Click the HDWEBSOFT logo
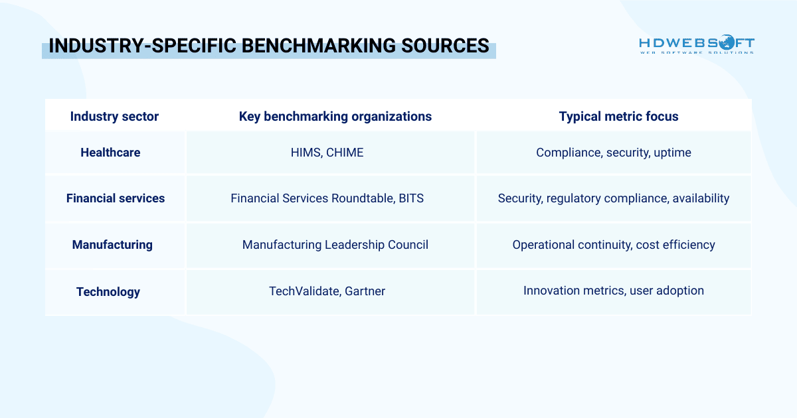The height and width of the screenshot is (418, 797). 696,46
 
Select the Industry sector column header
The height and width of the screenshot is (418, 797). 114,117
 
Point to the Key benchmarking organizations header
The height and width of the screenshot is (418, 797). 335,117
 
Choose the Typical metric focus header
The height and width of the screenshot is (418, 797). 618,117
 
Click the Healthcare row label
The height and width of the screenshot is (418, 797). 110,153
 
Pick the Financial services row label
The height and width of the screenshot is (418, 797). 115,198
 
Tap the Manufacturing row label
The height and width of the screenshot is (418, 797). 112,245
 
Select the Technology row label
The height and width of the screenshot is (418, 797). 108,292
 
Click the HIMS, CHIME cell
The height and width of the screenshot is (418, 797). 327,153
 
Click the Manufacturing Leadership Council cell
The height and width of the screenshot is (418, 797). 335,245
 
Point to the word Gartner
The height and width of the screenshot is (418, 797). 365,291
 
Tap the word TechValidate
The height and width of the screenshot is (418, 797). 304,291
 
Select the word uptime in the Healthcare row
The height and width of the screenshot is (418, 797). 672,153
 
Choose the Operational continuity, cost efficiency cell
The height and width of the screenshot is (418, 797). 613,245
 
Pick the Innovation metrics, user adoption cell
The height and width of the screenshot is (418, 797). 613,291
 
